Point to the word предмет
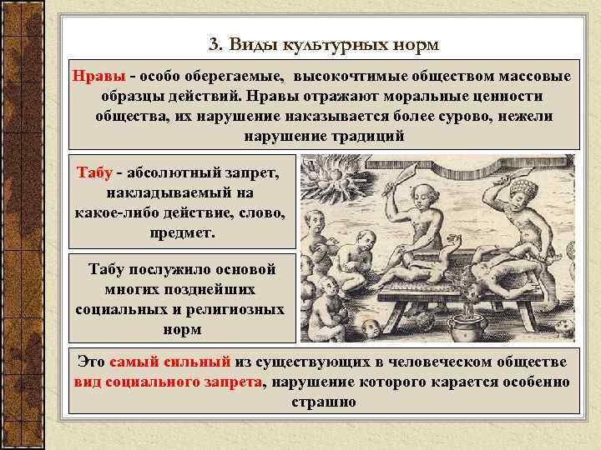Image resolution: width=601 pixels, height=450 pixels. tap(183, 233)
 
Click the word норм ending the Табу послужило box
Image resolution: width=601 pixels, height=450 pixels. tap(184, 329)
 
